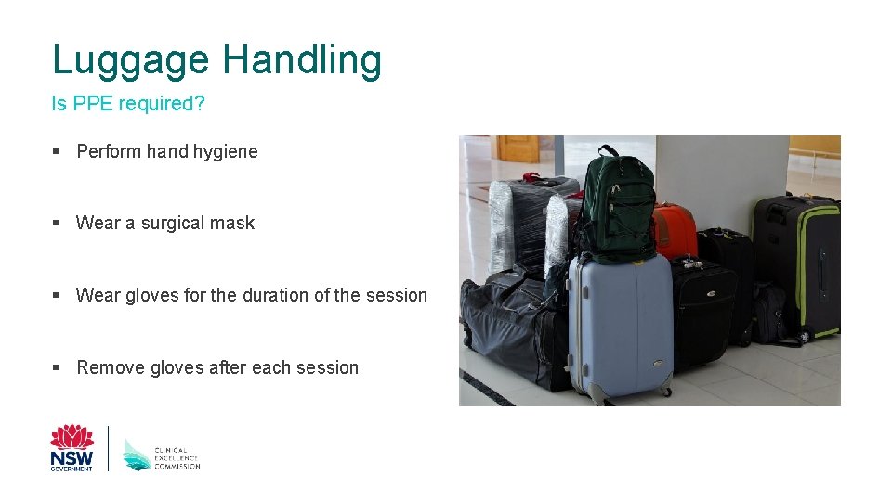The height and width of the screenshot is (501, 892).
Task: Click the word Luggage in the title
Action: pyautogui.click(x=131, y=61)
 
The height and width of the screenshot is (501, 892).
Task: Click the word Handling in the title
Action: pyautogui.click(x=301, y=61)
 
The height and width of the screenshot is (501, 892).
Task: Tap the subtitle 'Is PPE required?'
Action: pyautogui.click(x=128, y=104)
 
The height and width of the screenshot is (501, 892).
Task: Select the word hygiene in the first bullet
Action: pyautogui.click(x=225, y=151)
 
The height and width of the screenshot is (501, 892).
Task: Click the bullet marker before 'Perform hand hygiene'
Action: pyautogui.click(x=57, y=151)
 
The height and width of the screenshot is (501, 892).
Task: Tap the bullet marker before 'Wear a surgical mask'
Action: pyautogui.click(x=57, y=224)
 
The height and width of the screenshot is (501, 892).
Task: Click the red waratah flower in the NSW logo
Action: pyautogui.click(x=72, y=436)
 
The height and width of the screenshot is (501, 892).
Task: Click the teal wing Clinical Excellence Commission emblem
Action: pyautogui.click(x=136, y=454)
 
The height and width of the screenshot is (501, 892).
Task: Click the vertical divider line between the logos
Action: pyautogui.click(x=109, y=448)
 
